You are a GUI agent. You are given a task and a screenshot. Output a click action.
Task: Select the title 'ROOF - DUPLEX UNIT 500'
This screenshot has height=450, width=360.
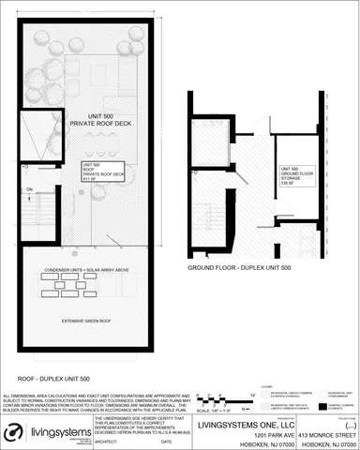click(x=52, y=379)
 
